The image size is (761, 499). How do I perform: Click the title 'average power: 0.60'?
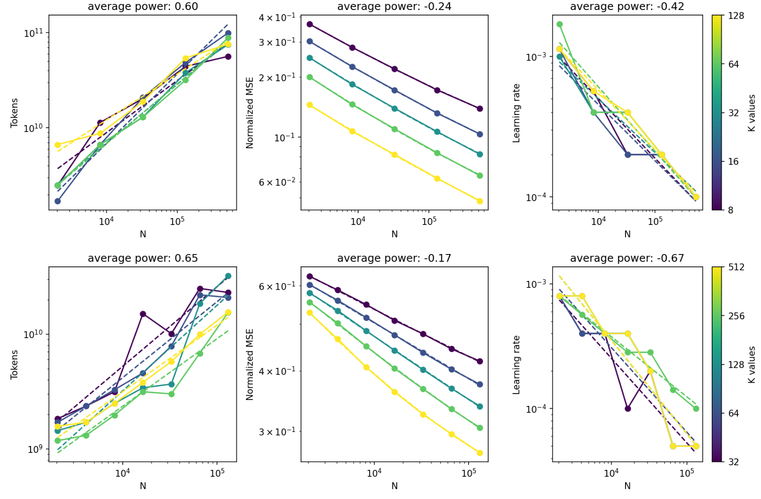[143, 6]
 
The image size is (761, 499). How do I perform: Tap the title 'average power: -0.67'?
[627, 258]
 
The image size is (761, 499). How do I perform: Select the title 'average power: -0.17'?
[394, 258]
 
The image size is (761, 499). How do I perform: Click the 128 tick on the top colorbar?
[736, 16]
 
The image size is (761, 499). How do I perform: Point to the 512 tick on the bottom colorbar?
[736, 267]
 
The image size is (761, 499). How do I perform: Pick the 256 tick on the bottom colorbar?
[736, 316]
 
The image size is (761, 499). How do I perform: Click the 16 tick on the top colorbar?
[733, 161]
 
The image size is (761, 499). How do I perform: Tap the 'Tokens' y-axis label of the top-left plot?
[14, 113]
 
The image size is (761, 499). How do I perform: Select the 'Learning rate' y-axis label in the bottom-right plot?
[516, 365]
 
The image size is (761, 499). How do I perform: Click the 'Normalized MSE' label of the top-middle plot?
[250, 113]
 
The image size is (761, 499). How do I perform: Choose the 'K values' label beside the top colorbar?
[752, 113]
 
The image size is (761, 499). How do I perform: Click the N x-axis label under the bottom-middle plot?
[394, 486]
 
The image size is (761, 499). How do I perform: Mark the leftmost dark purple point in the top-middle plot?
[310, 24]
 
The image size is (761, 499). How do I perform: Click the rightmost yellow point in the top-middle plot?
[480, 201]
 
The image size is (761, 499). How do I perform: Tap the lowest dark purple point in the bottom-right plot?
[628, 409]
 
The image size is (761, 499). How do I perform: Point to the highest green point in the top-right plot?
[560, 25]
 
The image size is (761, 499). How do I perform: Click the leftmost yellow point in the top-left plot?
[57, 145]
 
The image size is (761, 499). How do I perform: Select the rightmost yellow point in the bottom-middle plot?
[480, 453]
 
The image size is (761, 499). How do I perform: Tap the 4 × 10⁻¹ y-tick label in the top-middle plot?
[277, 18]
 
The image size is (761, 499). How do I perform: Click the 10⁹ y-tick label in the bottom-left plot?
[33, 449]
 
